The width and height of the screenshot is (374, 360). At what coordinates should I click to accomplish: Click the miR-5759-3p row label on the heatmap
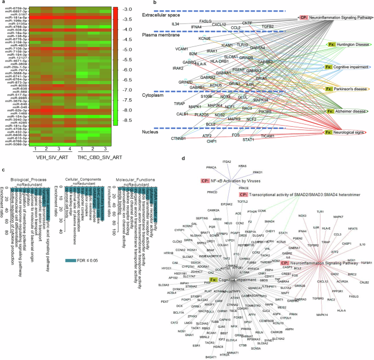pos(13,7)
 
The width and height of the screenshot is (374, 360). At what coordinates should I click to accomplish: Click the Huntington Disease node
pos(347,44)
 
